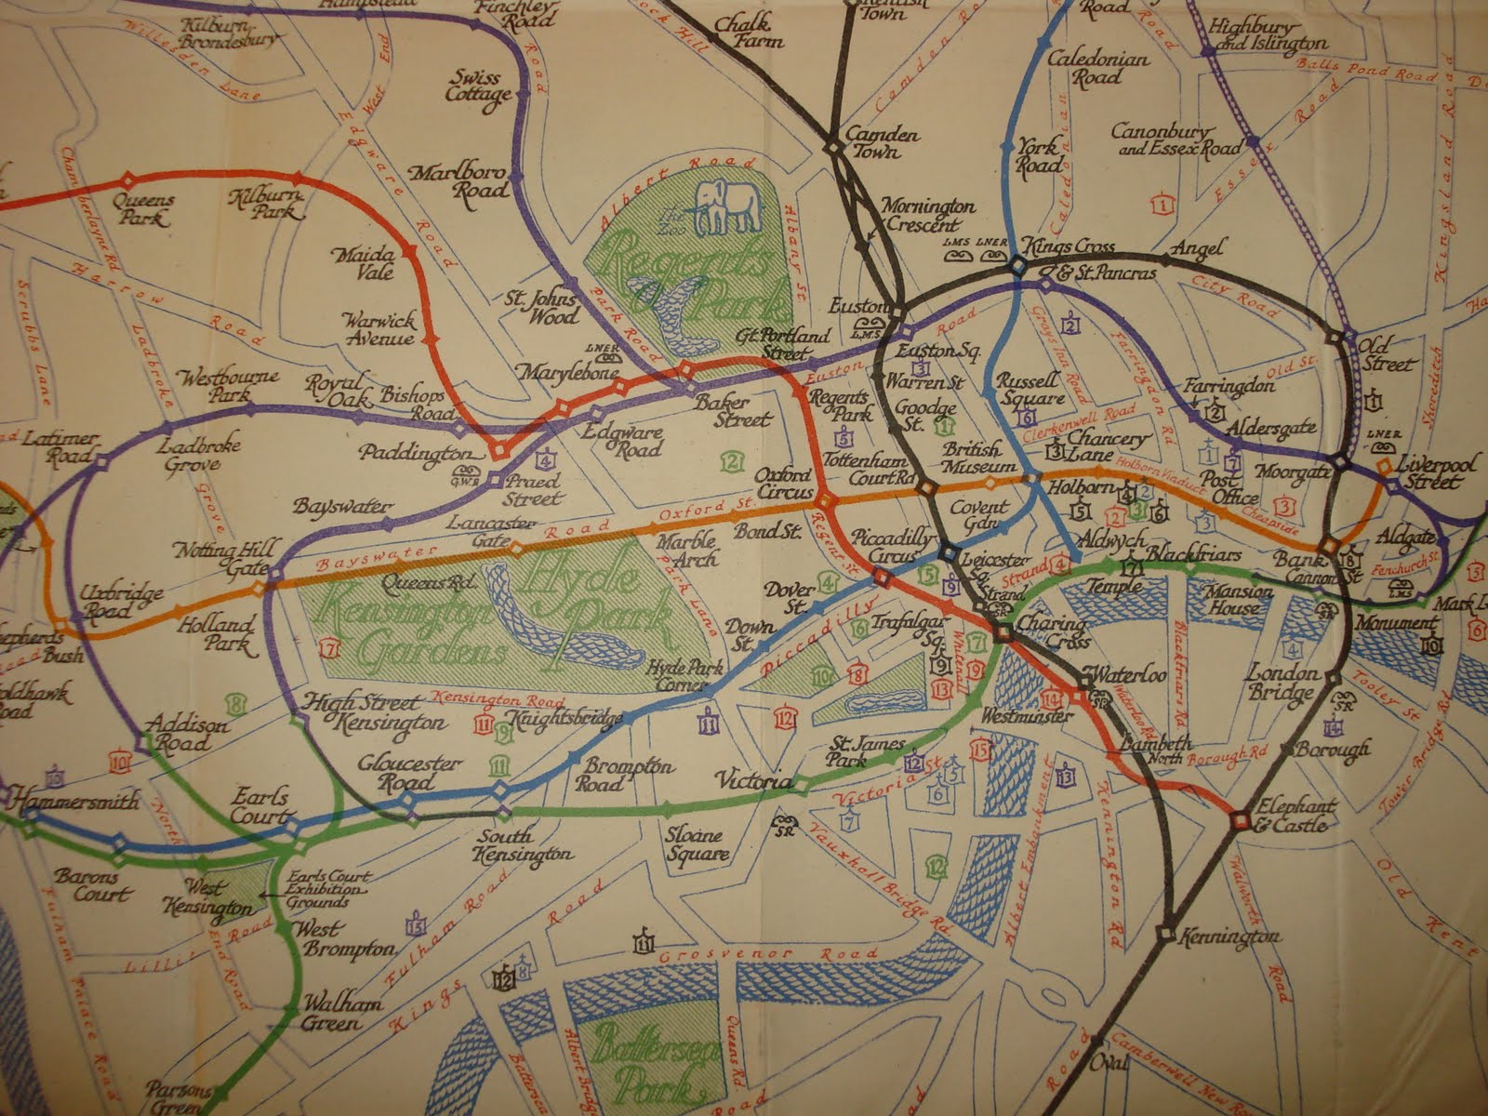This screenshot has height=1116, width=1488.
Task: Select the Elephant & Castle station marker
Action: [1239, 819]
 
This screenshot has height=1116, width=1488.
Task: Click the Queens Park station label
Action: [140, 209]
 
